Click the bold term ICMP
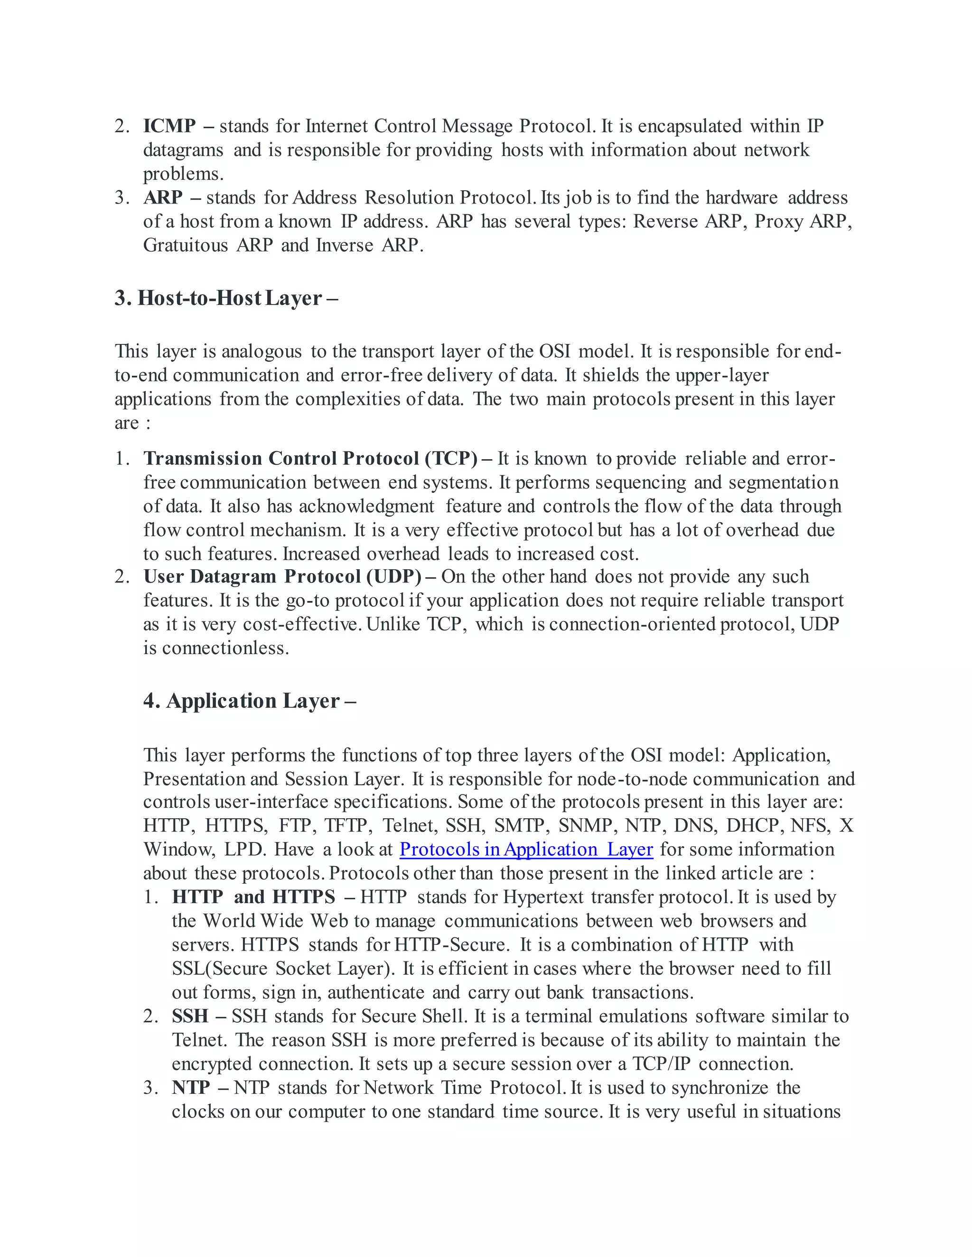pyautogui.click(x=169, y=126)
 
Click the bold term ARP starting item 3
pyautogui.click(x=163, y=197)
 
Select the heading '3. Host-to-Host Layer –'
pyautogui.click(x=226, y=298)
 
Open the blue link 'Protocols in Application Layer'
pyautogui.click(x=526, y=850)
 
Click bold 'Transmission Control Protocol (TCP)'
pyautogui.click(x=310, y=458)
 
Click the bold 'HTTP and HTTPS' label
pyautogui.click(x=253, y=897)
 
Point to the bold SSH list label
pyautogui.click(x=190, y=1016)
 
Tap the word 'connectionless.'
pyautogui.click(x=225, y=648)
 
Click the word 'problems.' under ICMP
pyautogui.click(x=183, y=174)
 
